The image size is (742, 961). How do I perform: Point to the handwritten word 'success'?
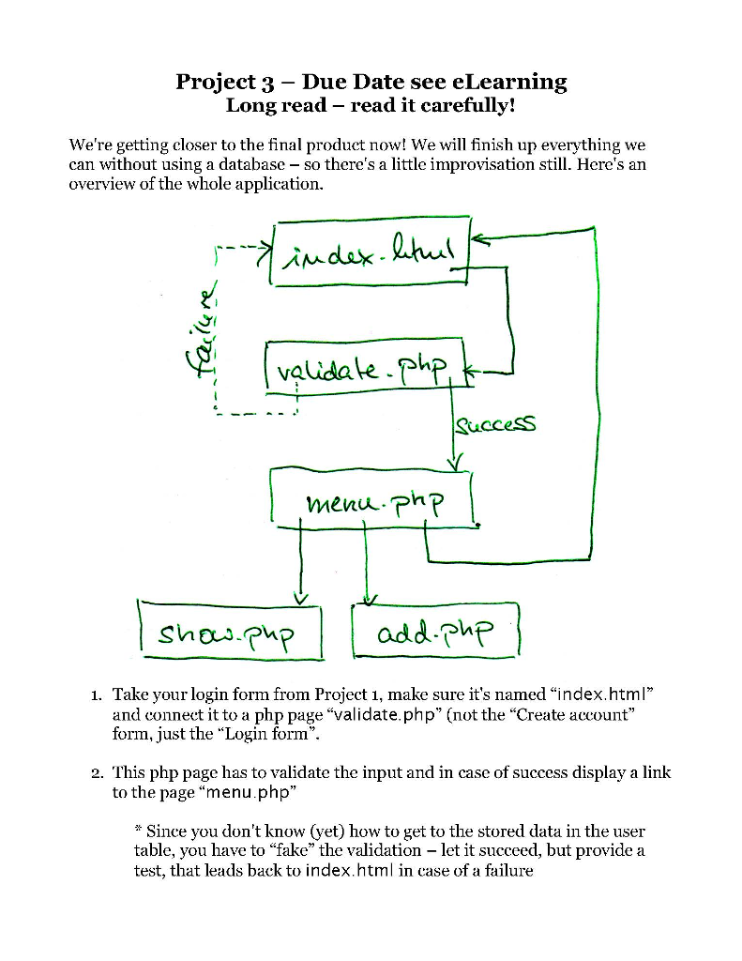coord(495,426)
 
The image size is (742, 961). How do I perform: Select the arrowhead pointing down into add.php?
coord(371,598)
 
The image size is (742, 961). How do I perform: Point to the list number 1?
coord(97,695)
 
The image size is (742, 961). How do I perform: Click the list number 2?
coord(97,774)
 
